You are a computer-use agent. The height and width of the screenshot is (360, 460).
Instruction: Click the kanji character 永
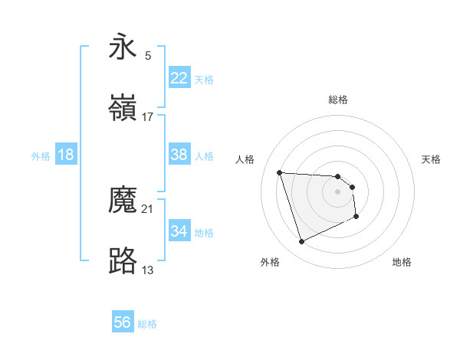click(123, 47)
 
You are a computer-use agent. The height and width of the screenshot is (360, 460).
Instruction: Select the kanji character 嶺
click(123, 108)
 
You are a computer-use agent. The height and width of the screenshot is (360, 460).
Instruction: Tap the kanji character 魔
click(123, 200)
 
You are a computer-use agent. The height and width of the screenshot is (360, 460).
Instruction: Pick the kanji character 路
click(123, 261)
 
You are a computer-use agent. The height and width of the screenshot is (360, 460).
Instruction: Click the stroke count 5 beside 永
click(148, 55)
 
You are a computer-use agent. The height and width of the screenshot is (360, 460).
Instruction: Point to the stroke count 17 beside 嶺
click(148, 116)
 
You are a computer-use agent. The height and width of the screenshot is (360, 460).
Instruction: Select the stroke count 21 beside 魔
click(148, 208)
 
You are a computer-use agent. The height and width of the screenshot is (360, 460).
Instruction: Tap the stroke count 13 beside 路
click(148, 270)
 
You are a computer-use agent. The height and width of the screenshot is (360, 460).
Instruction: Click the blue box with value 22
click(179, 78)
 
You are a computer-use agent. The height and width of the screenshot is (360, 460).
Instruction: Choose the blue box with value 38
click(179, 155)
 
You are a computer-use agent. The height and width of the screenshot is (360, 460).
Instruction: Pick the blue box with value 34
click(179, 231)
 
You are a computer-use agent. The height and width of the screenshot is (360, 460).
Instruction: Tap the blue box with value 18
click(66, 155)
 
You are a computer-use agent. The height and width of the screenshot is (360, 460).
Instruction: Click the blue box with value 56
click(123, 323)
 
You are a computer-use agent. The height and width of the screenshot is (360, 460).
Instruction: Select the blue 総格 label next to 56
click(148, 324)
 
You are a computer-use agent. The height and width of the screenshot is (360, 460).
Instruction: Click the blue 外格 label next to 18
click(41, 155)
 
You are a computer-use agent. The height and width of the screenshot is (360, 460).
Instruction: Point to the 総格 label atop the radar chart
click(338, 100)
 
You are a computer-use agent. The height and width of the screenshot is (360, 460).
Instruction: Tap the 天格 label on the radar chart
click(432, 159)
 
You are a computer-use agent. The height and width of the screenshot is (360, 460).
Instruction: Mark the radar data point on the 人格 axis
click(280, 172)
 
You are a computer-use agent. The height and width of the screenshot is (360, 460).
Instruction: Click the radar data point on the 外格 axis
click(301, 242)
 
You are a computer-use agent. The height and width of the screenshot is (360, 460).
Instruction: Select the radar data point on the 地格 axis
click(357, 218)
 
